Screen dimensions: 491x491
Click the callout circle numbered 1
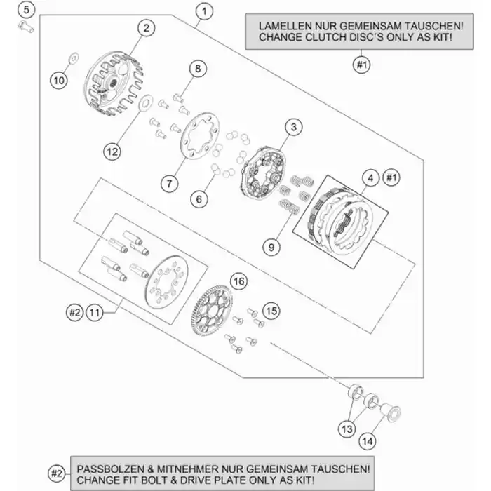(x=204, y=11)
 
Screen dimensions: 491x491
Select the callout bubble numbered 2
(x=146, y=28)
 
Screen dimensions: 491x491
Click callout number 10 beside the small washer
(x=60, y=80)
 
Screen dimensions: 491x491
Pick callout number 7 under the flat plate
(x=168, y=184)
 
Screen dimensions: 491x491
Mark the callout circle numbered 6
(x=199, y=199)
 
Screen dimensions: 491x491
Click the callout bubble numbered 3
(x=293, y=127)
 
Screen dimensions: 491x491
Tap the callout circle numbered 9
(x=271, y=246)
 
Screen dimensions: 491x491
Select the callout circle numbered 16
(x=238, y=281)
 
